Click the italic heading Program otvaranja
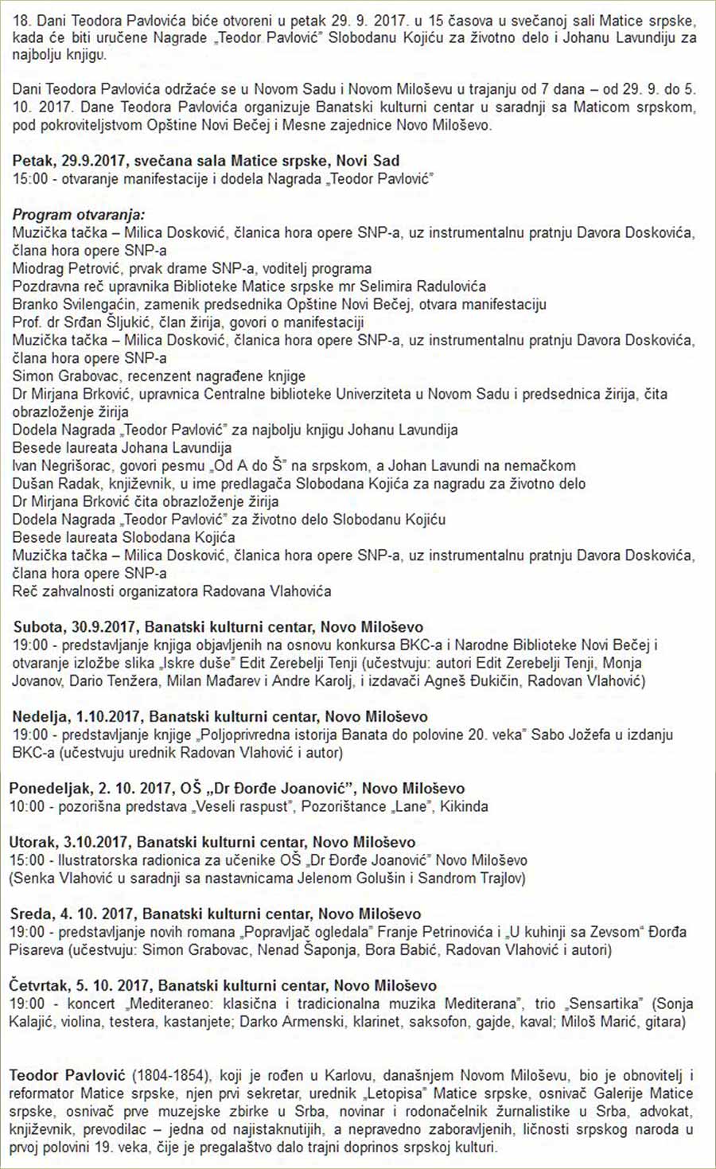(79, 215)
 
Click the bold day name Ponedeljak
(50, 789)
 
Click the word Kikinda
(464, 807)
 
